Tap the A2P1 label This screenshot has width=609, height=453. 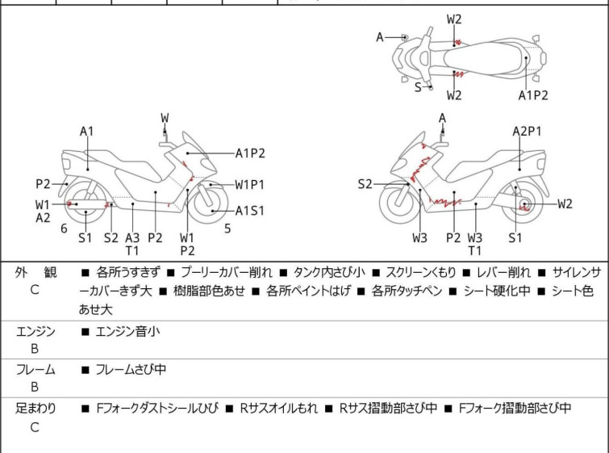(527, 130)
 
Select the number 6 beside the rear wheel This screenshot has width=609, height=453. (64, 229)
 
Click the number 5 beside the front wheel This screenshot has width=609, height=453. (228, 229)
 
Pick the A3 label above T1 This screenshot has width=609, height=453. (132, 237)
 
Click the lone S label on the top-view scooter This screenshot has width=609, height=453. (418, 87)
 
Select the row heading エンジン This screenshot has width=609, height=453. (35, 331)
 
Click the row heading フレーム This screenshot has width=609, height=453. (35, 370)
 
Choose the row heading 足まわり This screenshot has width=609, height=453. (35, 409)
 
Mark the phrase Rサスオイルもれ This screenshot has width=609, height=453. (278, 409)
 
